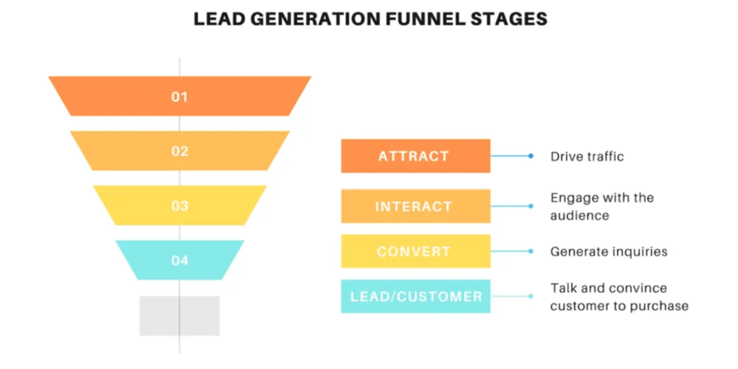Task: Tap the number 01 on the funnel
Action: [179, 97]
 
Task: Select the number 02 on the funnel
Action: [179, 151]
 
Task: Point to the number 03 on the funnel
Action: [179, 206]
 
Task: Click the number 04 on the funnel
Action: [179, 260]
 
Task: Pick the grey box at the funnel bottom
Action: [179, 315]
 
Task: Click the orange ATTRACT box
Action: [415, 156]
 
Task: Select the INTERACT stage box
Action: [415, 206]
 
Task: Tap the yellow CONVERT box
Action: [415, 251]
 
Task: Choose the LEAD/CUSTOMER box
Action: [415, 296]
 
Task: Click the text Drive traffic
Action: [587, 157]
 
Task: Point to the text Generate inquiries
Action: [608, 251]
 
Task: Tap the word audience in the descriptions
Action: [579, 216]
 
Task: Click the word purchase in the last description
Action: [661, 306]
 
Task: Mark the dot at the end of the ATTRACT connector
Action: [530, 156]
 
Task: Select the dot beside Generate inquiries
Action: [530, 251]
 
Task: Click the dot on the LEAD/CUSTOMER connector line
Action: [530, 296]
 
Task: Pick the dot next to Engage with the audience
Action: [530, 206]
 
